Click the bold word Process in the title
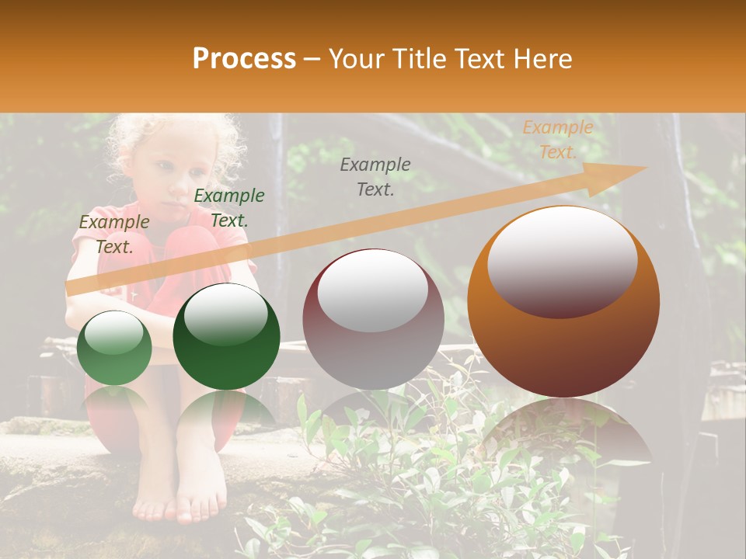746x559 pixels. pyautogui.click(x=244, y=59)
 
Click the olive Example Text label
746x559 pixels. pyautogui.click(x=114, y=234)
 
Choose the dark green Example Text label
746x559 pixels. pyautogui.click(x=228, y=207)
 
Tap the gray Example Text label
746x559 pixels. pyautogui.click(x=375, y=176)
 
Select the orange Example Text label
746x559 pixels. pyautogui.click(x=557, y=140)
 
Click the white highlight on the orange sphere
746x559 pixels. pyautogui.click(x=562, y=256)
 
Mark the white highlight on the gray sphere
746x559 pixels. pyautogui.click(x=372, y=289)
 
